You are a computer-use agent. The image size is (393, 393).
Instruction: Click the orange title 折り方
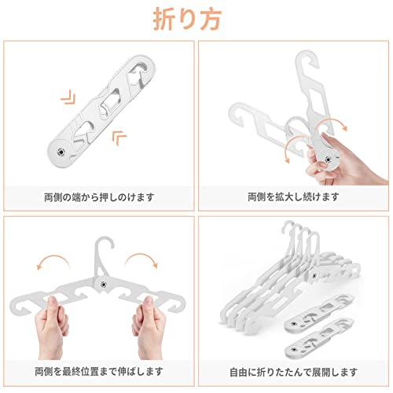tap(187, 19)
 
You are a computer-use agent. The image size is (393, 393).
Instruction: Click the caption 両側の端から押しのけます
tap(99, 197)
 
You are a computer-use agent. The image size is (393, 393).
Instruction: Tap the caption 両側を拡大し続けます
tap(293, 196)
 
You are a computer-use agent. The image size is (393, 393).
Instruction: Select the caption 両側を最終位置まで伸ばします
tap(99, 372)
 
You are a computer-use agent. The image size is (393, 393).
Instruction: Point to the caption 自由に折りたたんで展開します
tap(293, 372)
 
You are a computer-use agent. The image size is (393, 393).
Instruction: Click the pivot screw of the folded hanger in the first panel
tap(61, 152)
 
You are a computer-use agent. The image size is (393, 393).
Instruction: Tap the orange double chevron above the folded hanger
tap(68, 97)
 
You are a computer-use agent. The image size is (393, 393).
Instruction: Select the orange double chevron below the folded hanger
tap(119, 137)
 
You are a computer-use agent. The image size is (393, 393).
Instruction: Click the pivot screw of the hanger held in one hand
tap(328, 159)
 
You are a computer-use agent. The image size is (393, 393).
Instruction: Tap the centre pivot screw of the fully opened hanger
tap(103, 284)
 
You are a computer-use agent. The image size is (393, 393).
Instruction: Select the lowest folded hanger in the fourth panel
tap(320, 337)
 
